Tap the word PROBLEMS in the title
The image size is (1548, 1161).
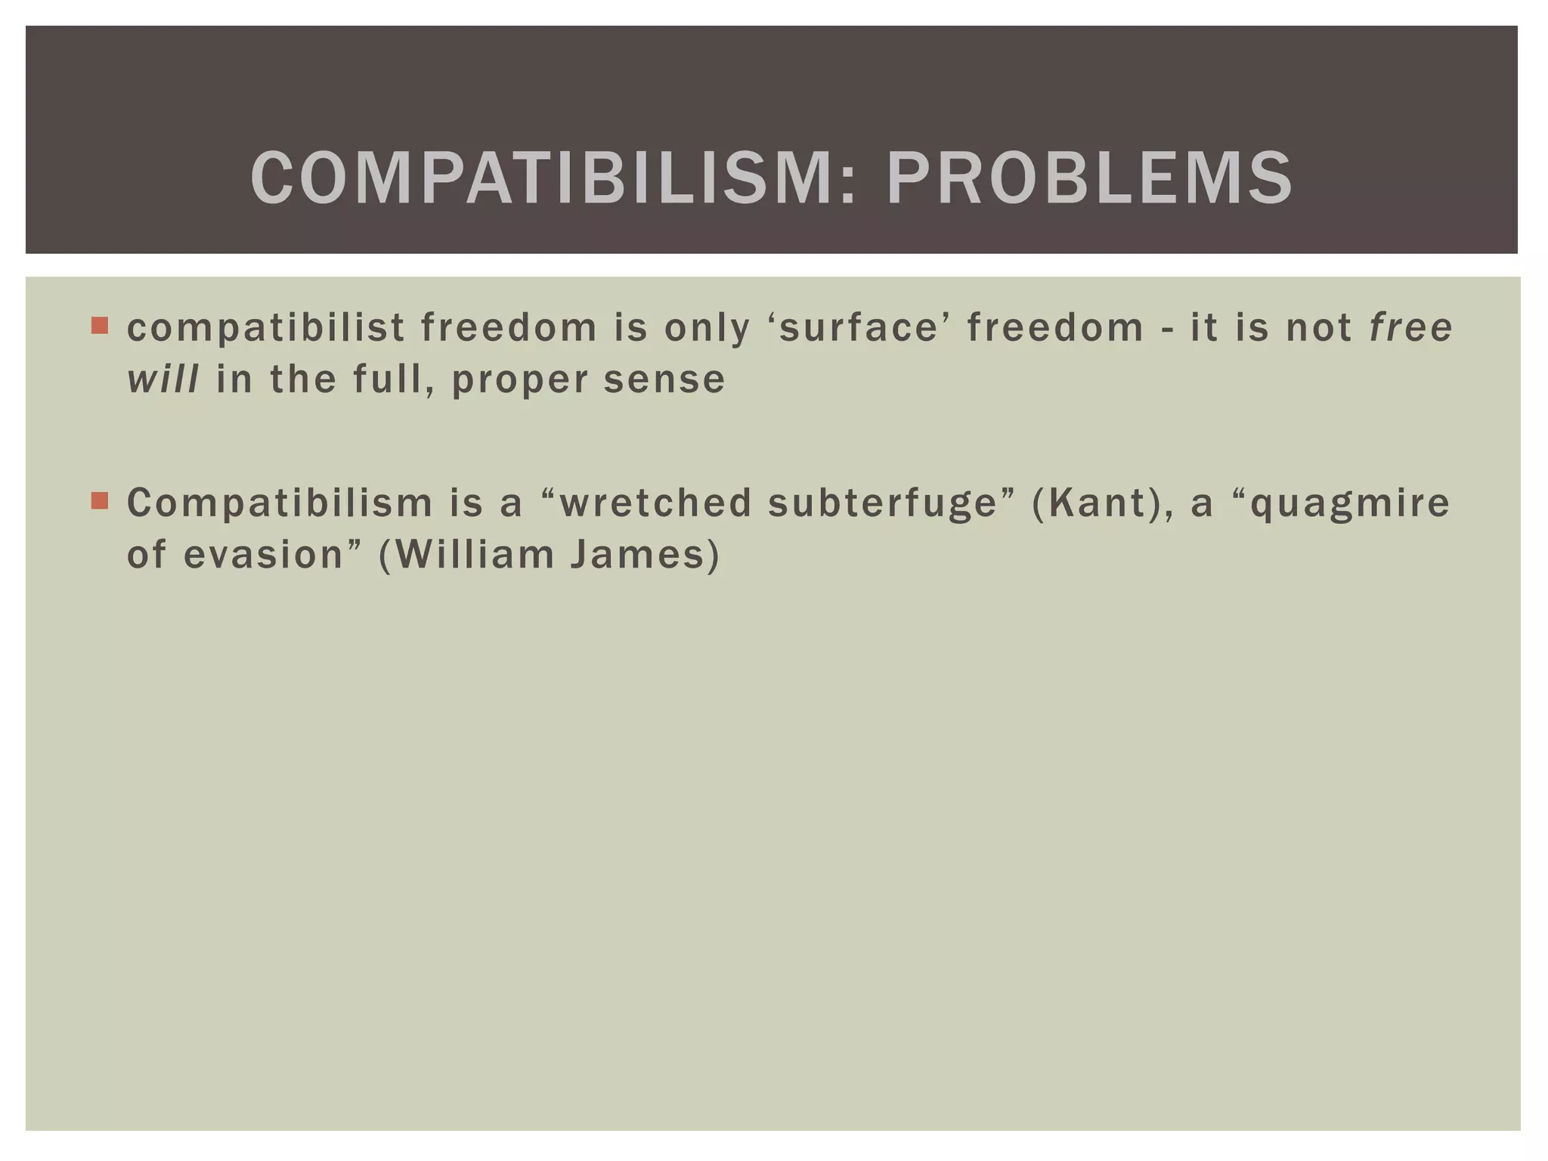pyautogui.click(x=1089, y=178)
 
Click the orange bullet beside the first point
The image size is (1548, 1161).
pyautogui.click(x=100, y=326)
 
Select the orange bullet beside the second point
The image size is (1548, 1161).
pyautogui.click(x=100, y=500)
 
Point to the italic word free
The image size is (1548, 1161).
pyautogui.click(x=1411, y=327)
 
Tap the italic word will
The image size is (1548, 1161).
pyautogui.click(x=163, y=379)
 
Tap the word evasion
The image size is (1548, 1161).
pyautogui.click(x=263, y=555)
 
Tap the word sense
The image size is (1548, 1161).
pyautogui.click(x=664, y=379)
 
